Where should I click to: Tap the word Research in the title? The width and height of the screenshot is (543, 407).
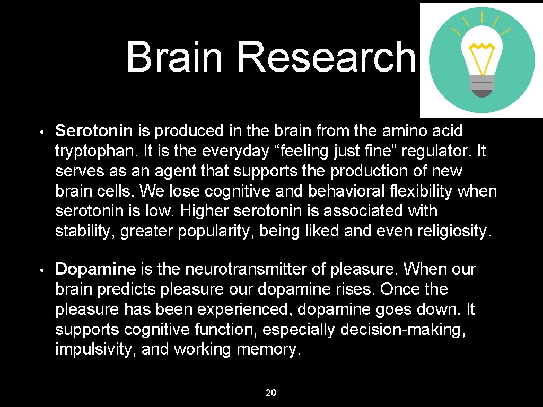click(x=326, y=57)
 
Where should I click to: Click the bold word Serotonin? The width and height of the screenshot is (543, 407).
click(x=95, y=130)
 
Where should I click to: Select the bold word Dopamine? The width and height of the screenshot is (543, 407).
click(x=96, y=269)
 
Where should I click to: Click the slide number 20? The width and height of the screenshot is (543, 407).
click(x=271, y=393)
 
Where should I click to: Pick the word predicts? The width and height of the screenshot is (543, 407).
click(x=127, y=289)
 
